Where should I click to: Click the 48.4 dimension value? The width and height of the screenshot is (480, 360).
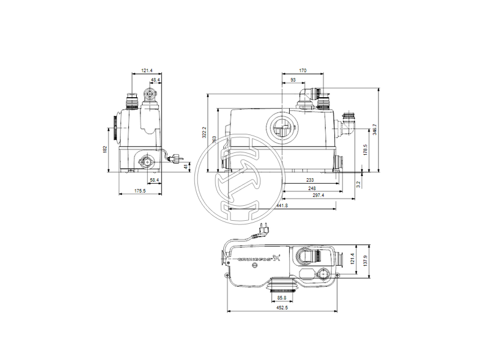click(155, 80)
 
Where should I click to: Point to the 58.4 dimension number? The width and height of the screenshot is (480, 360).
click(154, 180)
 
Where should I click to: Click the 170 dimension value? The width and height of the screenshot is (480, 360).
click(302, 71)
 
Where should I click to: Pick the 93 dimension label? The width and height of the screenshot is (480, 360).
click(292, 80)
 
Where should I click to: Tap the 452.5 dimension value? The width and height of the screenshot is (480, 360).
click(282, 308)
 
